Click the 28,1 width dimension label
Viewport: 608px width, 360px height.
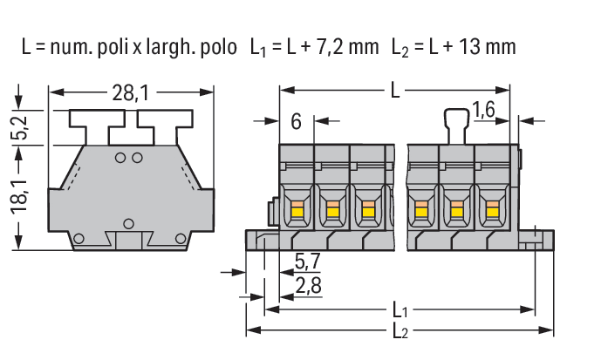pos(130,93)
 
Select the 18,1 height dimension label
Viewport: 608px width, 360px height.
pos(19,196)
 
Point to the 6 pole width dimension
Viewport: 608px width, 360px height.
pos(296,122)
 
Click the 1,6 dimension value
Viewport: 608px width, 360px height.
pos(484,110)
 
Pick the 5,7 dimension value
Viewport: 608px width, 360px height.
pos(308,262)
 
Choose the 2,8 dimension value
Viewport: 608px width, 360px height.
pos(309,286)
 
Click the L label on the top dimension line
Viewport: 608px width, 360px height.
pos(395,91)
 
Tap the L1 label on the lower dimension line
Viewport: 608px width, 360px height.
pos(400,310)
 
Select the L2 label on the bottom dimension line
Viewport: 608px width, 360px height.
pos(400,331)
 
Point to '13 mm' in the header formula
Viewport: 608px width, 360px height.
pos(487,47)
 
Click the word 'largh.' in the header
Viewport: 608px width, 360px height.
pos(170,48)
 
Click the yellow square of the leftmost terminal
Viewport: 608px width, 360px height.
pos(297,212)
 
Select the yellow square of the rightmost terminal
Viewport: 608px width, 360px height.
pos(493,212)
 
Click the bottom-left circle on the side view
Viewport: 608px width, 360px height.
pos(79,239)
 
